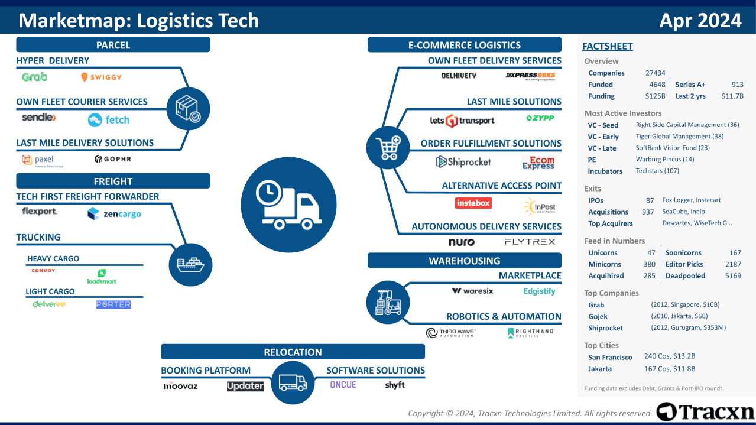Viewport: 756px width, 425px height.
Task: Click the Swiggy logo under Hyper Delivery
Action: click(x=101, y=77)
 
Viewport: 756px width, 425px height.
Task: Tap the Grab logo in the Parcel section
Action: click(x=34, y=77)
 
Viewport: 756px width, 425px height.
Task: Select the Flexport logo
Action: click(x=40, y=212)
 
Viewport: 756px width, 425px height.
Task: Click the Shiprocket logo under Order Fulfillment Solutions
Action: click(x=463, y=161)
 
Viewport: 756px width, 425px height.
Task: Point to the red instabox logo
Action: click(x=473, y=203)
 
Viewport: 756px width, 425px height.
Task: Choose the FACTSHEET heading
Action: click(x=607, y=46)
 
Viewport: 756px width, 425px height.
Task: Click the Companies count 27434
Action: click(x=655, y=73)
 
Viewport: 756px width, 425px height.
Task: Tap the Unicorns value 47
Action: click(x=651, y=252)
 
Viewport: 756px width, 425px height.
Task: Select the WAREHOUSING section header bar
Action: click(x=464, y=261)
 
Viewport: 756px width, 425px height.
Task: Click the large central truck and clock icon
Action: click(x=288, y=205)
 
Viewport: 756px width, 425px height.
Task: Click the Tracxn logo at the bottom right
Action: click(x=705, y=412)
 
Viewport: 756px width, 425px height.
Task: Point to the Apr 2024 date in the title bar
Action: click(x=700, y=21)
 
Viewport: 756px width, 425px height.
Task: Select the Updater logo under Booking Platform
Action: click(x=245, y=386)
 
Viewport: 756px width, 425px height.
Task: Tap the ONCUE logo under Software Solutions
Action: click(x=343, y=385)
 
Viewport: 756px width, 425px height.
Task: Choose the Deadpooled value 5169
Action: click(x=732, y=275)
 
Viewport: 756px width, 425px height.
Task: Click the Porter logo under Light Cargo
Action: click(x=113, y=304)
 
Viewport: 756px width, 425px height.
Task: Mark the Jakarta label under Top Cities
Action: click(x=600, y=369)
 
